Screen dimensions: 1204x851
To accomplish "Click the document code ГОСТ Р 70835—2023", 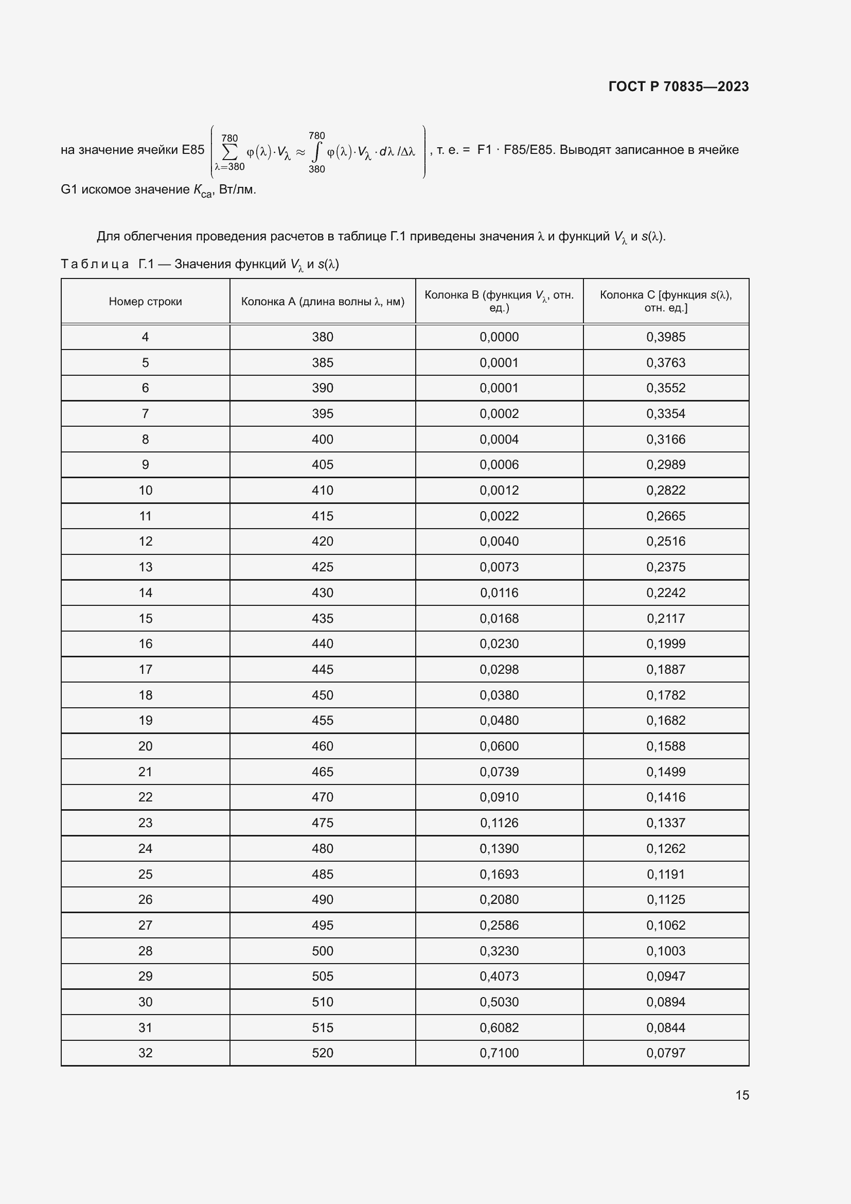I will pos(678,86).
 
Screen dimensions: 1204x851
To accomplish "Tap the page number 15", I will pos(741,1095).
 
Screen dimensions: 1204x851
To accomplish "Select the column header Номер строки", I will pos(145,302).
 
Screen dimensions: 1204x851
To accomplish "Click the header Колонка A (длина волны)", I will pos(322,302).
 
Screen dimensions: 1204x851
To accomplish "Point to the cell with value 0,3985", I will pos(665,337).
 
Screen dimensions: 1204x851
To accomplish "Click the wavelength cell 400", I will pos(322,440).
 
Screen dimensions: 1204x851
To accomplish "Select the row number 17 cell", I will pos(145,670).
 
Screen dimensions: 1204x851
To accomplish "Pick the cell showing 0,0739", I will pos(499,772).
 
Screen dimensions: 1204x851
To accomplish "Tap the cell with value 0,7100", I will pos(499,1053).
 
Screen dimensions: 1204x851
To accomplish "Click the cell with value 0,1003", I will pos(665,951).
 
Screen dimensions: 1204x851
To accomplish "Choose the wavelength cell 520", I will pos(322,1053).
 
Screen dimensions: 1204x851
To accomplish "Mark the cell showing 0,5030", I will pos(499,1002).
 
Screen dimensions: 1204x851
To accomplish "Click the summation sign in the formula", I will pos(229,152).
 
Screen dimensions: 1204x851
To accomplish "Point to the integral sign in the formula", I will pos(316,152).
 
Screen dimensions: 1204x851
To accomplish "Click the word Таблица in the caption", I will pos(95,264).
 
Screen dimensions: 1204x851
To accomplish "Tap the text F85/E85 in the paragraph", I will pos(528,150).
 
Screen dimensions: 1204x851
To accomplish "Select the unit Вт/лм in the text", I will pos(236,190).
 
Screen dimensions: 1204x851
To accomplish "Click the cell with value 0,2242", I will pos(665,592).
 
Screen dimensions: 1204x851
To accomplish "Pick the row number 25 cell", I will pos(145,874).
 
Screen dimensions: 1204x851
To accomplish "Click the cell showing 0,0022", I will pos(499,516).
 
